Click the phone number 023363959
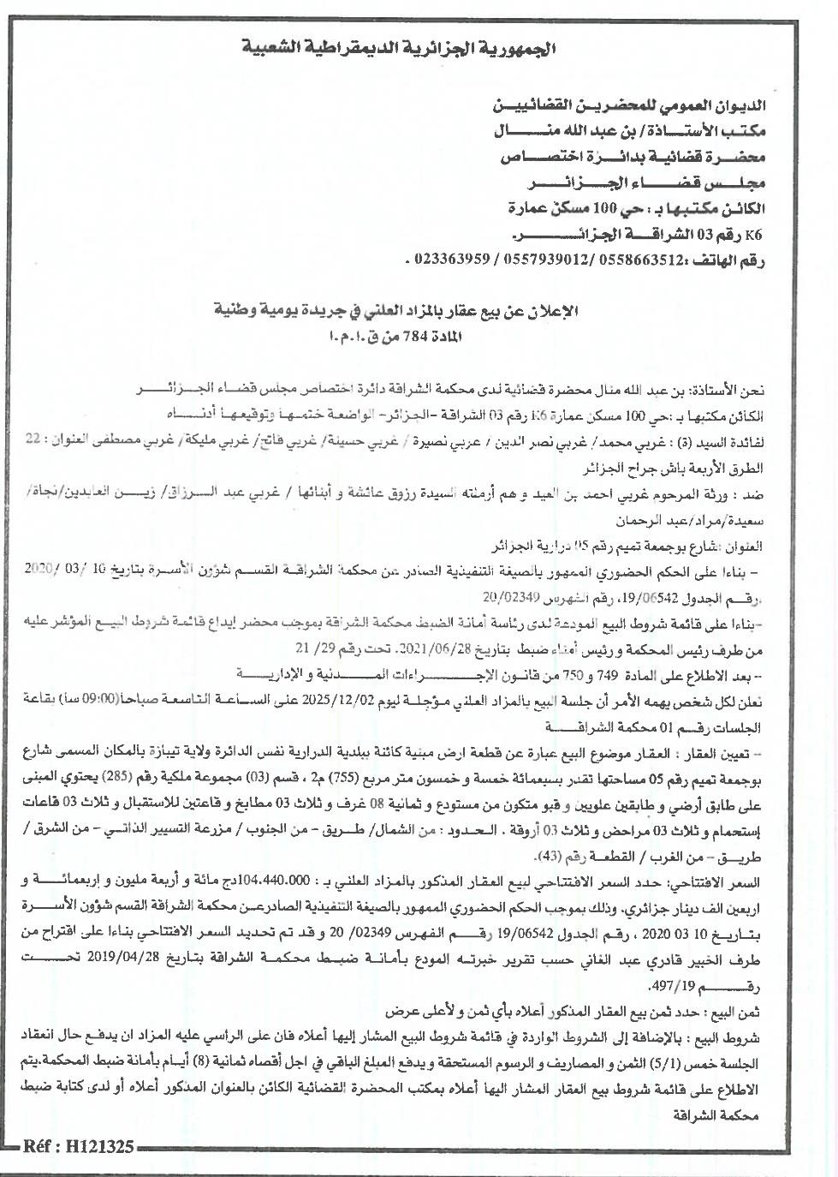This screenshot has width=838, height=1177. [x=446, y=258]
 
